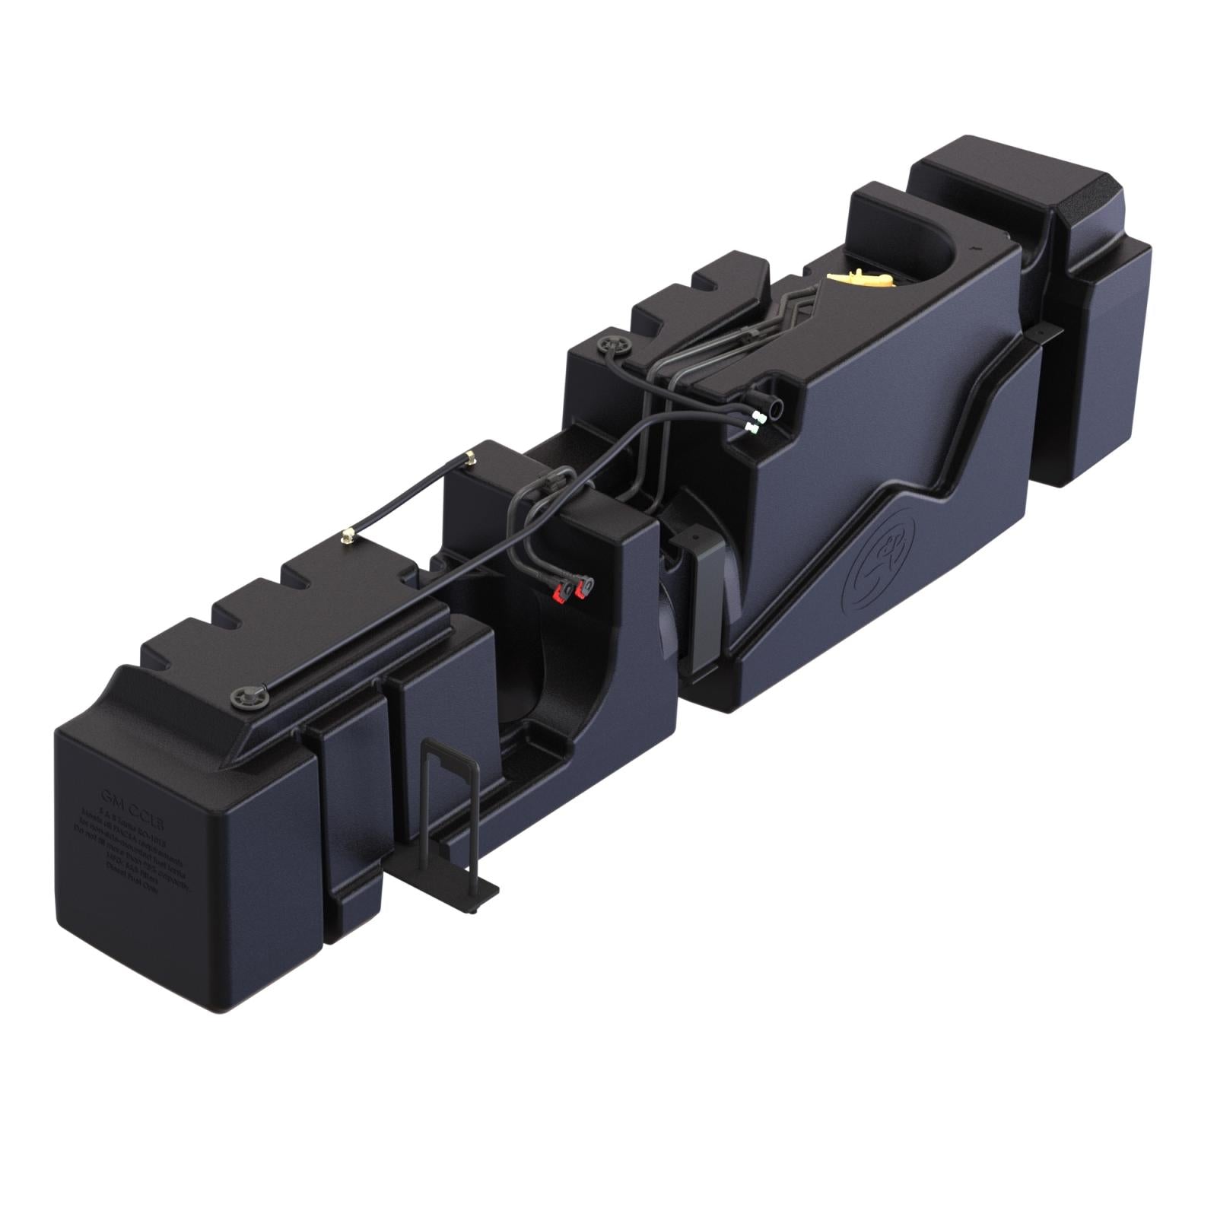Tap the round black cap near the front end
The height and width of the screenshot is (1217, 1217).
click(248, 694)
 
